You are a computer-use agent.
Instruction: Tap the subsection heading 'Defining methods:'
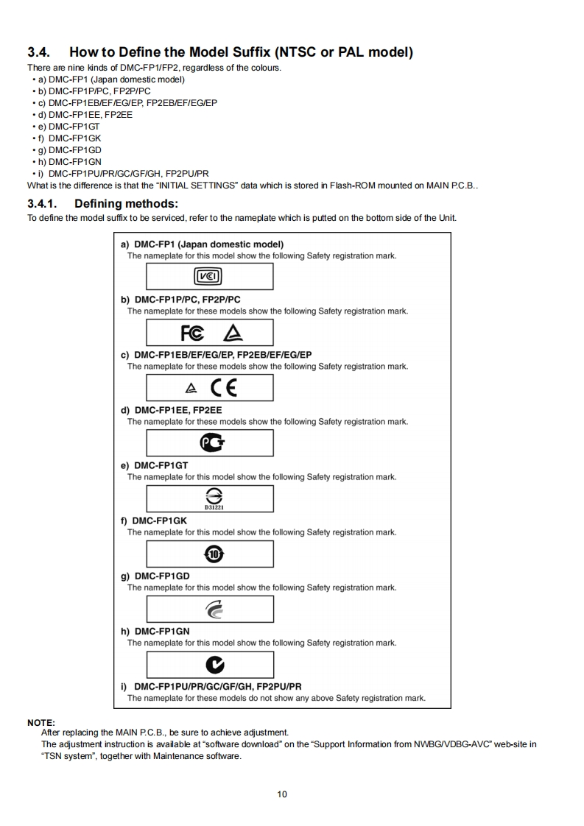click(x=126, y=203)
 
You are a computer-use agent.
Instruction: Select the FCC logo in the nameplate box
click(x=193, y=332)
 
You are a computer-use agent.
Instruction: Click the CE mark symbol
click(x=225, y=387)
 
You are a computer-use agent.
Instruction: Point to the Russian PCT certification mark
click(x=211, y=442)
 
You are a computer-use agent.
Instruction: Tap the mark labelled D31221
click(x=210, y=498)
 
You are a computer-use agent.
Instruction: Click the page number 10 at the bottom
click(x=282, y=794)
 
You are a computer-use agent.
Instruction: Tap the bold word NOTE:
click(x=41, y=722)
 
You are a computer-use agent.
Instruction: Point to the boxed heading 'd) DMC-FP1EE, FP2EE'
click(x=171, y=410)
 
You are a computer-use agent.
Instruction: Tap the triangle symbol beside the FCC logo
click(x=233, y=333)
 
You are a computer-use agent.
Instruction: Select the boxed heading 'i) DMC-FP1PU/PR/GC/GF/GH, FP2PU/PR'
click(x=211, y=687)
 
